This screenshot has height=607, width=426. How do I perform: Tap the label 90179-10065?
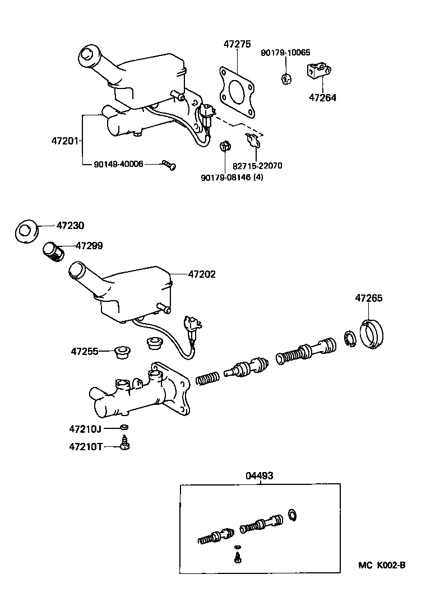(x=284, y=53)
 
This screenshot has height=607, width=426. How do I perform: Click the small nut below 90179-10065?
(x=285, y=78)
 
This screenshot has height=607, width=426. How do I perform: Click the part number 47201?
(x=63, y=141)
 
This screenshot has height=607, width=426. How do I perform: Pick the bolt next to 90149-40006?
(x=169, y=164)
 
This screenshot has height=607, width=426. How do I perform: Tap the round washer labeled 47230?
(x=26, y=230)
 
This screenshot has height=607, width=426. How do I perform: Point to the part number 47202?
(x=202, y=275)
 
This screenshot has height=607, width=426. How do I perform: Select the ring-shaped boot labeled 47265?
(x=372, y=334)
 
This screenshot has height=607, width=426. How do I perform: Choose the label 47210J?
(x=85, y=429)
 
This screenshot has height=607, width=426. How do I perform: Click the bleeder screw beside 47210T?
(x=125, y=445)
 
